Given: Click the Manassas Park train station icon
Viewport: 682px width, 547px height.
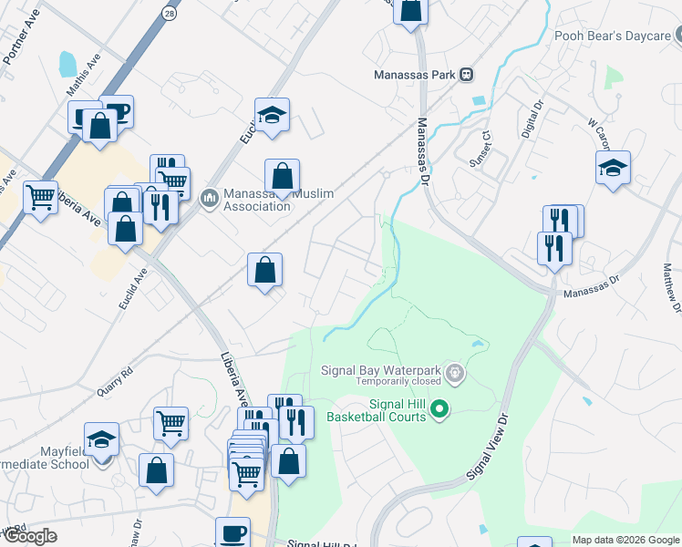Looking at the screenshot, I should (466, 74).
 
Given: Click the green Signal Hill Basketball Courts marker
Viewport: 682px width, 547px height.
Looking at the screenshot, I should (439, 408).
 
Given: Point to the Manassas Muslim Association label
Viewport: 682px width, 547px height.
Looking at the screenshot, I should (257, 199).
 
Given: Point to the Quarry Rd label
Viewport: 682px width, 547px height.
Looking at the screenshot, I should (115, 381).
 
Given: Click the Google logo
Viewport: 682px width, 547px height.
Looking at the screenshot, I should (29, 536).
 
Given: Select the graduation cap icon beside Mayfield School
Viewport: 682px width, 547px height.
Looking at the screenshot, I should (102, 439).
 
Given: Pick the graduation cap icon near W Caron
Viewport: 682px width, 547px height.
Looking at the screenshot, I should (614, 168).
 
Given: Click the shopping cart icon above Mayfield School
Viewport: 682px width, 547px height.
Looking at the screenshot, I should (170, 423).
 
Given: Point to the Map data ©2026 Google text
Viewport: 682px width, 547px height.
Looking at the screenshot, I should (625, 540).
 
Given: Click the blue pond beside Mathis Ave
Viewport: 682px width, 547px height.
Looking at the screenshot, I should (67, 64).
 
